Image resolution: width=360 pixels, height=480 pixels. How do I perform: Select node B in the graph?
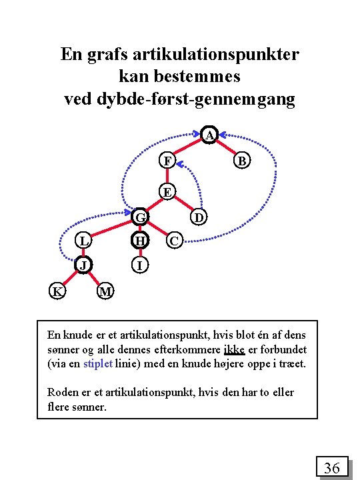[x=243, y=161]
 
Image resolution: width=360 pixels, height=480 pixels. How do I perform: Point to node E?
[x=167, y=193]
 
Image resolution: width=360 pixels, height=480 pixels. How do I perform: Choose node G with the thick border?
[x=140, y=217]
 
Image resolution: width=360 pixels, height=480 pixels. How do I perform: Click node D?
[x=199, y=217]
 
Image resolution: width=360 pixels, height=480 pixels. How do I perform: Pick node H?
[x=140, y=240]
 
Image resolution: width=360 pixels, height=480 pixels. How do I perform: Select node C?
[x=173, y=240]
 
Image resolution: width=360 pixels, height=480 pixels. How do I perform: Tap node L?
[x=83, y=240]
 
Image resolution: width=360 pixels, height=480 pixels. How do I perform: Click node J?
[x=83, y=265]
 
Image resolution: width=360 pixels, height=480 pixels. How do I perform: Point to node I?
[x=140, y=265]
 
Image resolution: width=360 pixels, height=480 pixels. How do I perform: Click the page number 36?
[x=331, y=469]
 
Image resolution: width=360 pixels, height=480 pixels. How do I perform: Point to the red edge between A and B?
[x=227, y=148]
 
